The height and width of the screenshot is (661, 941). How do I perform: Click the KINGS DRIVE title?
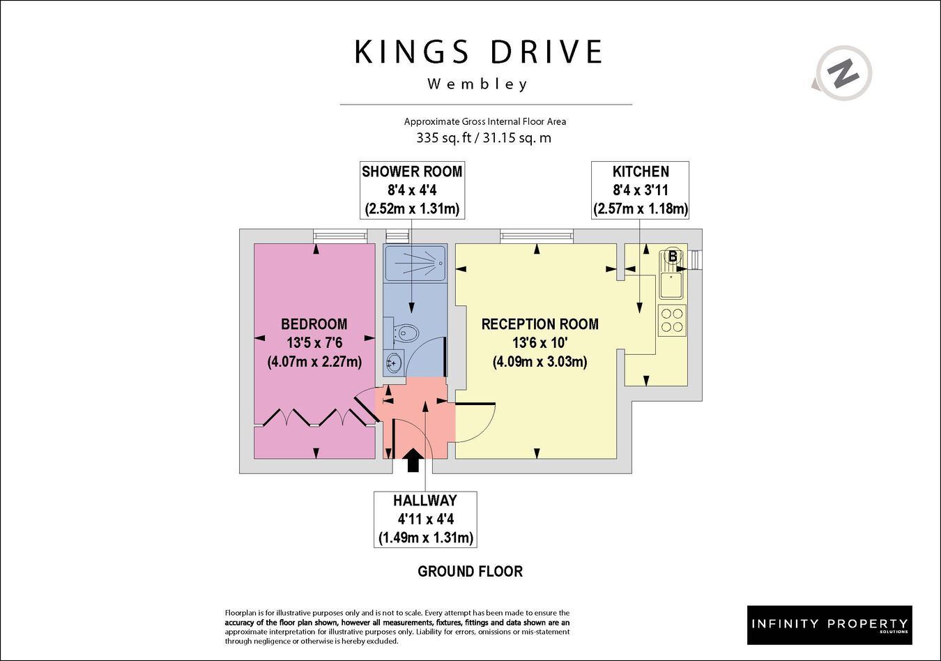pos(479,52)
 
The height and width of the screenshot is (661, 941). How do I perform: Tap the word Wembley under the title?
pos(477,84)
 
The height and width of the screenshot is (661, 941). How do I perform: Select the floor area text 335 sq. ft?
pos(443,138)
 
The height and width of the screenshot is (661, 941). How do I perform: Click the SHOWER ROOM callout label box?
pos(412,190)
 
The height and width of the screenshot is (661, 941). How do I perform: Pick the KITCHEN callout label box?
pos(640,190)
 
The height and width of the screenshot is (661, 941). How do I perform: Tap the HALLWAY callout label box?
pos(426,519)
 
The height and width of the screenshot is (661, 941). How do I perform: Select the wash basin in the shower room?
pos(393,363)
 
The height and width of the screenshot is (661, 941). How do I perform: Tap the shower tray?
pos(415,261)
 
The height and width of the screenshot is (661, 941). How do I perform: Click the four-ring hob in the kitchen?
pos(672,320)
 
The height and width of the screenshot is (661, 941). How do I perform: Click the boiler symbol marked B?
pos(673,256)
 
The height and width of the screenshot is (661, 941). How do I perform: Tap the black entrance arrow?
pos(414,460)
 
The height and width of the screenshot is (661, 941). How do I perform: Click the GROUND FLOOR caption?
pos(470,572)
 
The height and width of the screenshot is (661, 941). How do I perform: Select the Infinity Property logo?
pos(829,625)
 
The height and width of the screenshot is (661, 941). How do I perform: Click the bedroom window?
pos(340,236)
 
